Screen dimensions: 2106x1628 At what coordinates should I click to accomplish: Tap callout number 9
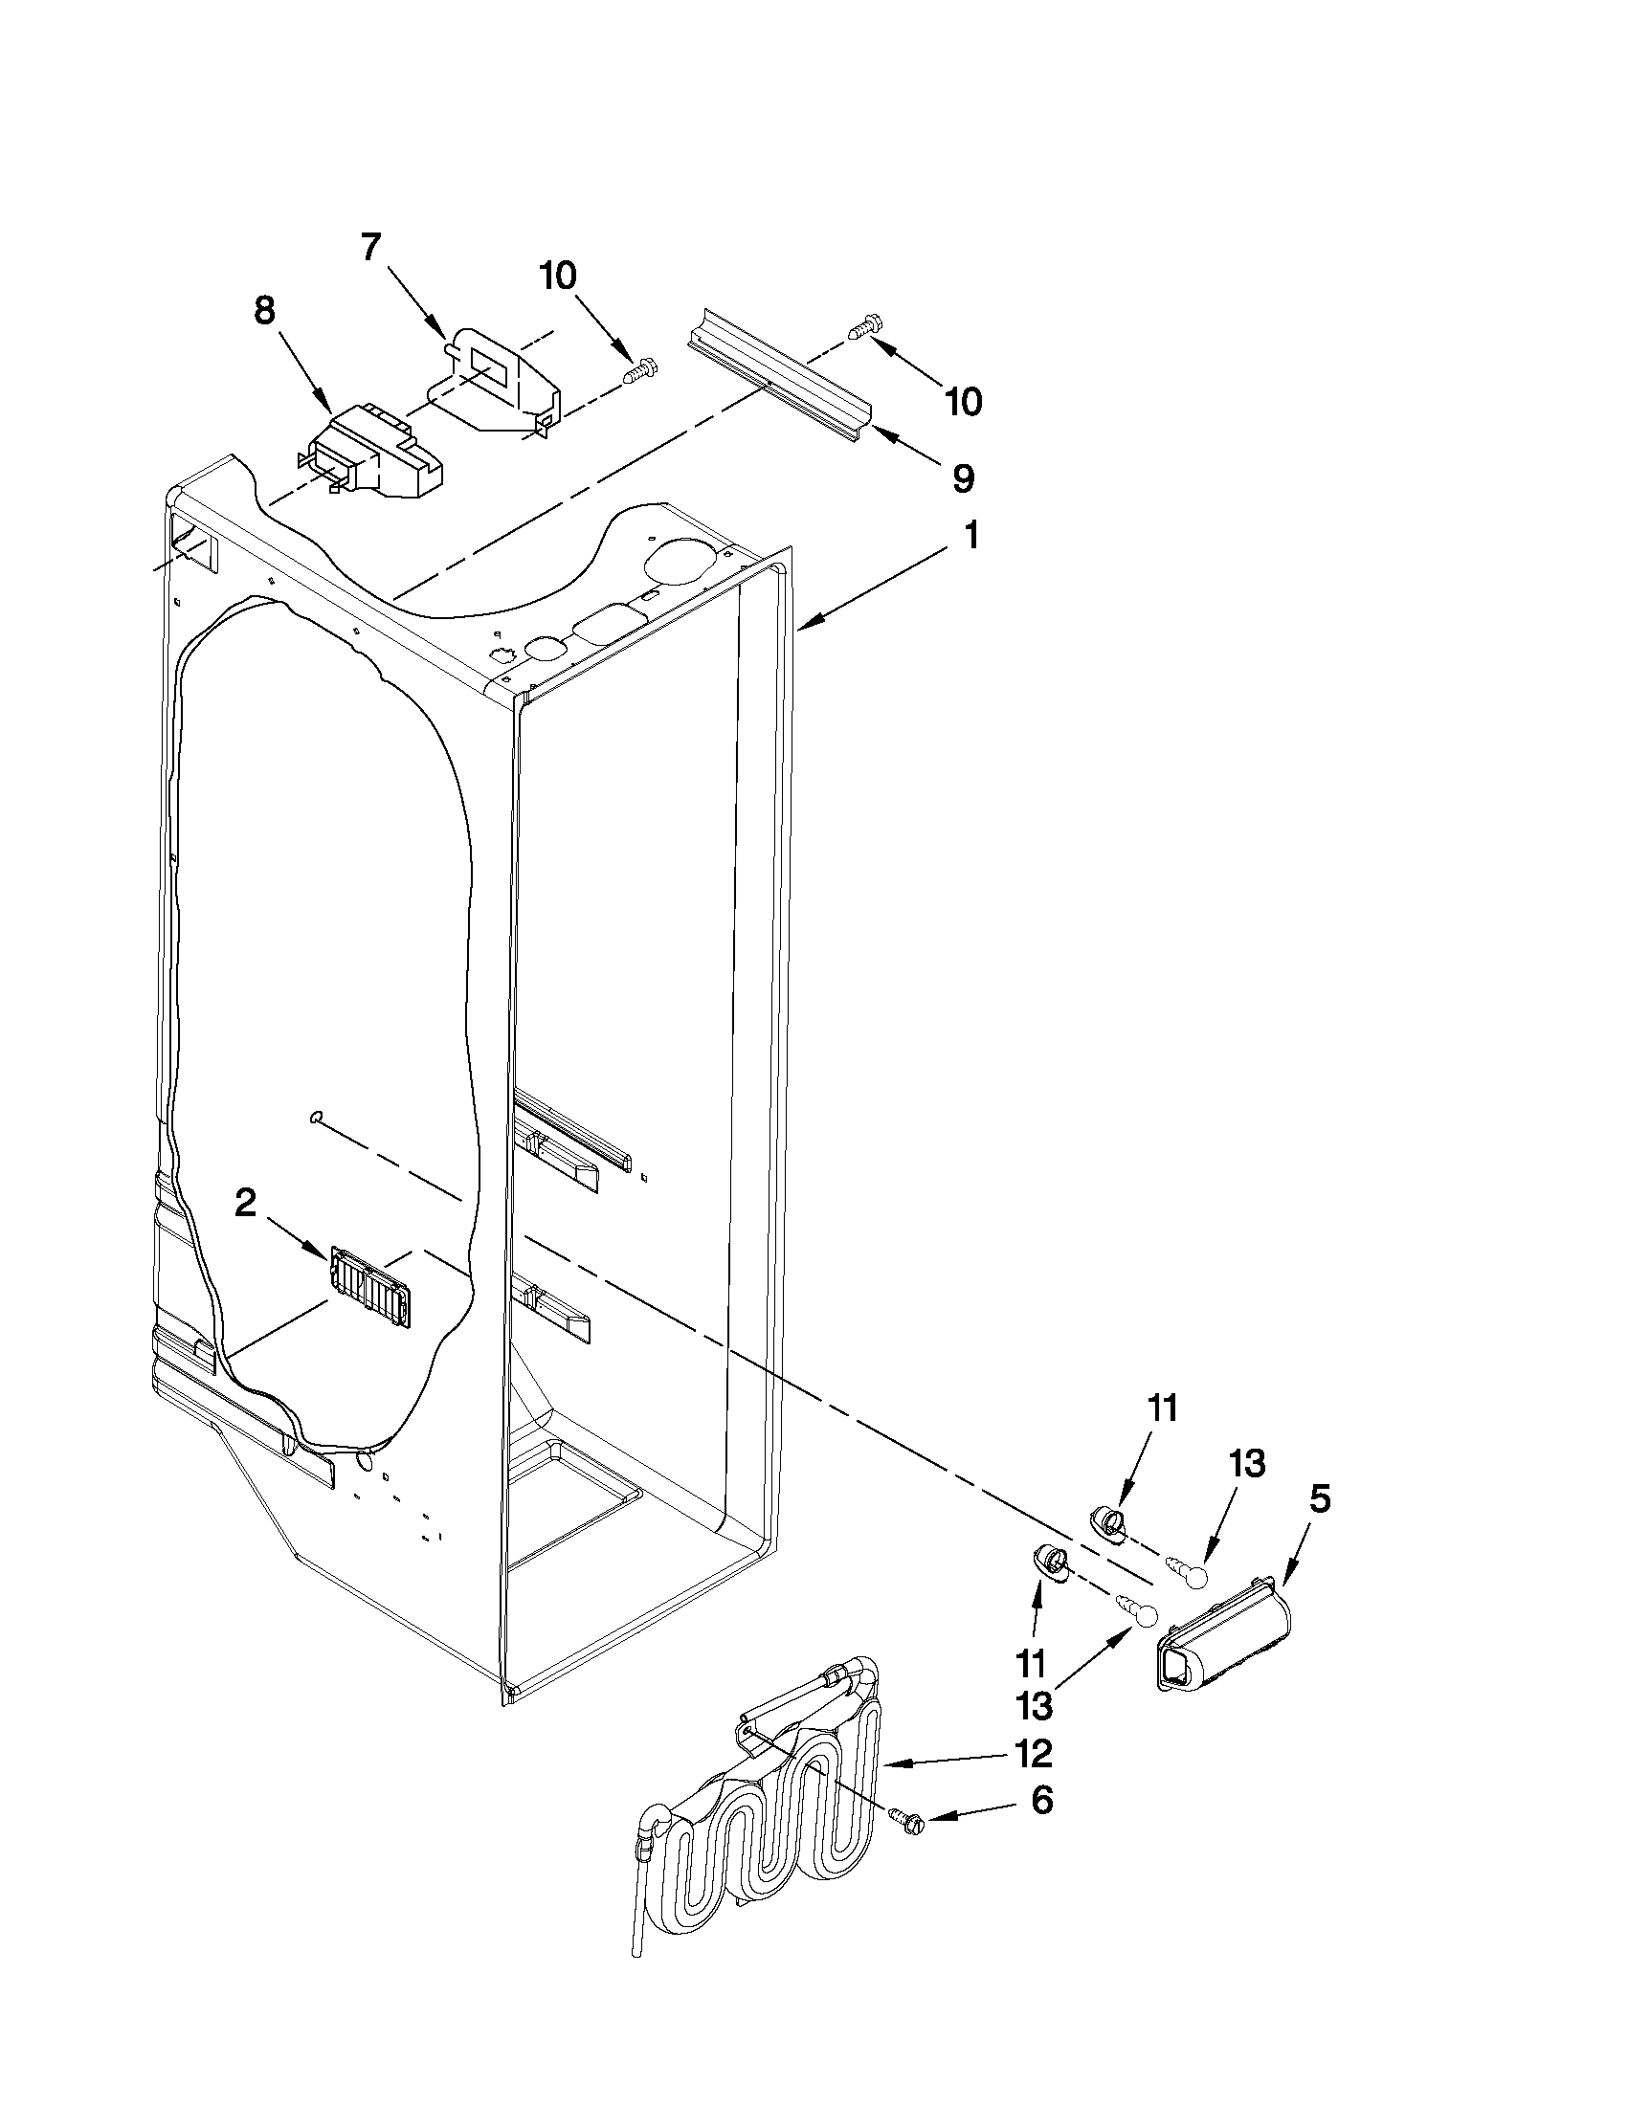(x=963, y=478)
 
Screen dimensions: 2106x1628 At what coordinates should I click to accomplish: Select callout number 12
(x=1034, y=1754)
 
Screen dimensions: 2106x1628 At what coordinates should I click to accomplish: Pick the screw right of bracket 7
(x=639, y=369)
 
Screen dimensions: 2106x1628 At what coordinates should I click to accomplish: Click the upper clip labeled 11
(x=1105, y=1521)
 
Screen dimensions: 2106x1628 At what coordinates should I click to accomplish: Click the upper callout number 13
(x=1247, y=1464)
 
